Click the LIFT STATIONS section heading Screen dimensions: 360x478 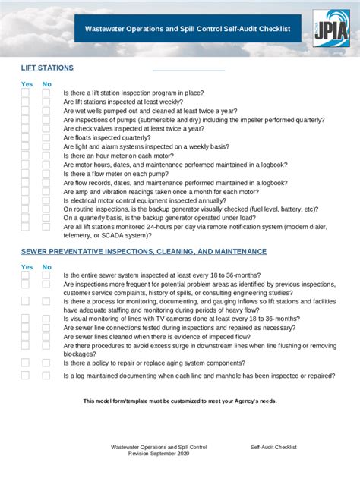[x=47, y=68]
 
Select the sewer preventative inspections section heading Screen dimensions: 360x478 [x=144, y=251]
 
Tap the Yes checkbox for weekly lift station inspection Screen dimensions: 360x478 [x=25, y=101]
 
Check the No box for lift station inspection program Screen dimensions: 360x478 [x=46, y=92]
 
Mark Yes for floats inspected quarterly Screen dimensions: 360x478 [x=25, y=137]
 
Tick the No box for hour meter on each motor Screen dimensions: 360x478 [x=46, y=156]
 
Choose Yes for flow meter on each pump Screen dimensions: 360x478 [x=25, y=174]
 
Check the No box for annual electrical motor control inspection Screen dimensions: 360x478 [x=46, y=200]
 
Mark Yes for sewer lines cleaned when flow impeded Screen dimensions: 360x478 [x=25, y=337]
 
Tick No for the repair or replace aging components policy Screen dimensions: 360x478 [x=46, y=363]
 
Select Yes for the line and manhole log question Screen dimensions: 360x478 [x=25, y=376]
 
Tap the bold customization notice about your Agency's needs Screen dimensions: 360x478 [x=180, y=401]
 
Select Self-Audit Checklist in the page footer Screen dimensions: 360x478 [x=273, y=448]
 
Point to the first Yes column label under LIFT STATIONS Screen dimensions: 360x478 [x=27, y=84]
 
